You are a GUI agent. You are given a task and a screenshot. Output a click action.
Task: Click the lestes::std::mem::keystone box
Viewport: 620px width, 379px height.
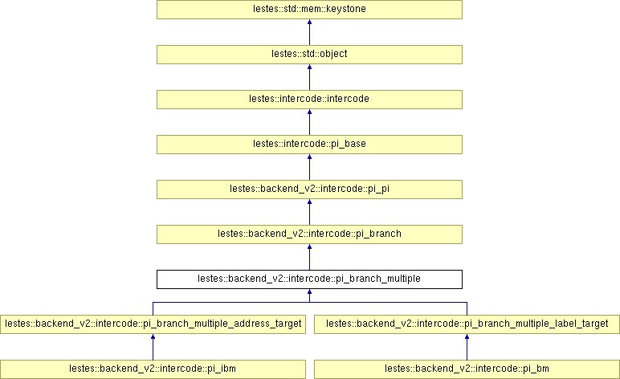click(309, 10)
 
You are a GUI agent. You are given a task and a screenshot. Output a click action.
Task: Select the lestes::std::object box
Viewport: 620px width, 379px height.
click(309, 55)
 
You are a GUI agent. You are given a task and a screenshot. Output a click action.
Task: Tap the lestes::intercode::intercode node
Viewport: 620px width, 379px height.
click(309, 100)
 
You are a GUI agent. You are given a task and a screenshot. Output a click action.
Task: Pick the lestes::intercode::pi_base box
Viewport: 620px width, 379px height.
click(309, 145)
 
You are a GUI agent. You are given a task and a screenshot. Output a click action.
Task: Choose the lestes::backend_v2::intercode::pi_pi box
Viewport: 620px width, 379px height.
click(309, 189)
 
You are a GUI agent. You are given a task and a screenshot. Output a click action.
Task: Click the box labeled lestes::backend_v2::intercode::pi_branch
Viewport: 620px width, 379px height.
click(309, 234)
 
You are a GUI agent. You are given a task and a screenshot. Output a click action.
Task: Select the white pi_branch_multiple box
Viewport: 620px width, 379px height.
click(309, 279)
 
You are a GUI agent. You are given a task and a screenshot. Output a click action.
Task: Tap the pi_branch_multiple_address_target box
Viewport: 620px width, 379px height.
click(153, 324)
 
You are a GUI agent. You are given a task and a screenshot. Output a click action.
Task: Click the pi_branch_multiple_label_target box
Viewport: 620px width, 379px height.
click(467, 324)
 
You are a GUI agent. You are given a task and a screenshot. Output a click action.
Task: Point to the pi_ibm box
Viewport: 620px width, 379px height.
click(153, 369)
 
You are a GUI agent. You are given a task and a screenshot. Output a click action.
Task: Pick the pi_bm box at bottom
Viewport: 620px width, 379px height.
click(467, 369)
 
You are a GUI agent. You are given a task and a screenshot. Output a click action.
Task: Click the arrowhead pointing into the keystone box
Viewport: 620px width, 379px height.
click(309, 23)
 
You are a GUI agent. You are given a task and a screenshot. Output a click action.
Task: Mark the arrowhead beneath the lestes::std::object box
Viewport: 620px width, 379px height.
click(309, 68)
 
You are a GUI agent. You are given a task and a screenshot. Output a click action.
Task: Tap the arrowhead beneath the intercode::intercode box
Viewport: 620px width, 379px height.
click(309, 113)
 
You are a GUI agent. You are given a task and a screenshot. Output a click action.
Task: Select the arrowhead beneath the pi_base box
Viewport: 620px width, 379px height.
click(309, 158)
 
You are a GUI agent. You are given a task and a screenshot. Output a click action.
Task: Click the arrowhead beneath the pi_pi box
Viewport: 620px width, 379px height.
click(309, 203)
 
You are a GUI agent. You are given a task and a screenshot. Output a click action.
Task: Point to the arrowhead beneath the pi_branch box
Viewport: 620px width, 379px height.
click(309, 248)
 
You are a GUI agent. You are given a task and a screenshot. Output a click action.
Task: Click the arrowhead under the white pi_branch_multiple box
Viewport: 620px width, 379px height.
click(309, 293)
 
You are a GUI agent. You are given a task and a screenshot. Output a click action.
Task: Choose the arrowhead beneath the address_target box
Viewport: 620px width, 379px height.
click(153, 338)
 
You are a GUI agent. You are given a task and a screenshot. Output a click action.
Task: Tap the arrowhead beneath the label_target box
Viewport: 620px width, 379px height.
click(467, 338)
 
